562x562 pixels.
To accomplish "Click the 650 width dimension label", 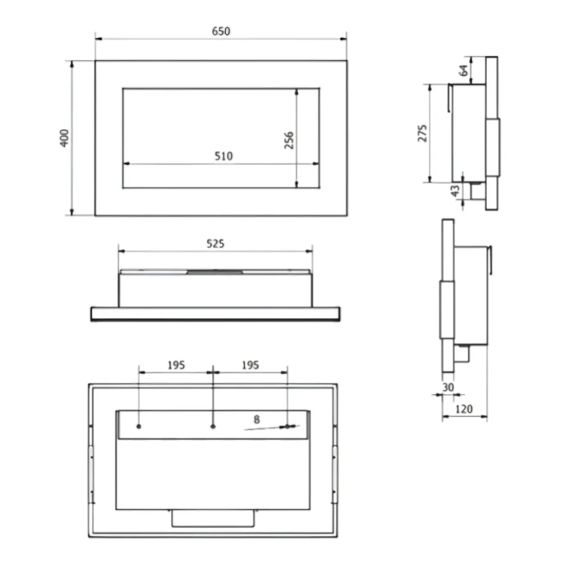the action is (221, 31).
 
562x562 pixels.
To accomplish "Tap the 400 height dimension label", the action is (64, 138).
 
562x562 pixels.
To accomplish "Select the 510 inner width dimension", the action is (224, 156).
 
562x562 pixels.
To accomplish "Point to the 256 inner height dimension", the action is (289, 140).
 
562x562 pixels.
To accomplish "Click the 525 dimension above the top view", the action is (215, 244).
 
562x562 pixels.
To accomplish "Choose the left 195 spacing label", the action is (176, 365).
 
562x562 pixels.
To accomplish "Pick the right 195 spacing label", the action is (250, 365).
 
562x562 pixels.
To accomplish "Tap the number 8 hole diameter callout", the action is (257, 419).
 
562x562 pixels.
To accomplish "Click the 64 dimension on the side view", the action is (464, 71).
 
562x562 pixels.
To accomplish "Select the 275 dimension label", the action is (423, 134).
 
